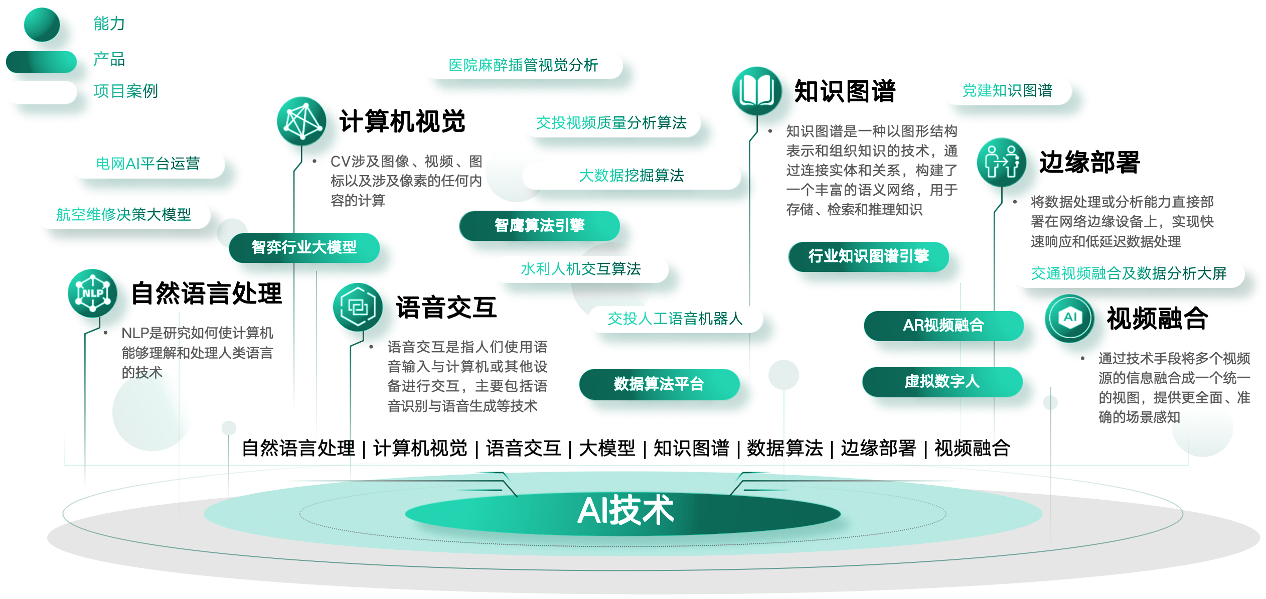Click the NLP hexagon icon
[93, 293]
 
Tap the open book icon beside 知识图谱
[757, 91]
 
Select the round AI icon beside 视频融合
[1069, 318]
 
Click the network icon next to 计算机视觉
[301, 121]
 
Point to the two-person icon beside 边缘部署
[1002, 162]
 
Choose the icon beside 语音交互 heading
[358, 307]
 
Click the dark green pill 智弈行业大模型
[304, 247]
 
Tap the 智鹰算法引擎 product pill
[540, 225]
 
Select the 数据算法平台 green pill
[659, 384]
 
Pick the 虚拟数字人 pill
[942, 382]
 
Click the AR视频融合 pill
[943, 326]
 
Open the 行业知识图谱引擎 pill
[868, 256]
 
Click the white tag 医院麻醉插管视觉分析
[523, 65]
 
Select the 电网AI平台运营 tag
[148, 164]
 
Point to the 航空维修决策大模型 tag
[124, 215]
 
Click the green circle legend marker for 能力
[42, 25]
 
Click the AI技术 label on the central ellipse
[625, 511]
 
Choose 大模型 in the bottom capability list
[607, 448]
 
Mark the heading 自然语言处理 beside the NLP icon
[207, 293]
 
